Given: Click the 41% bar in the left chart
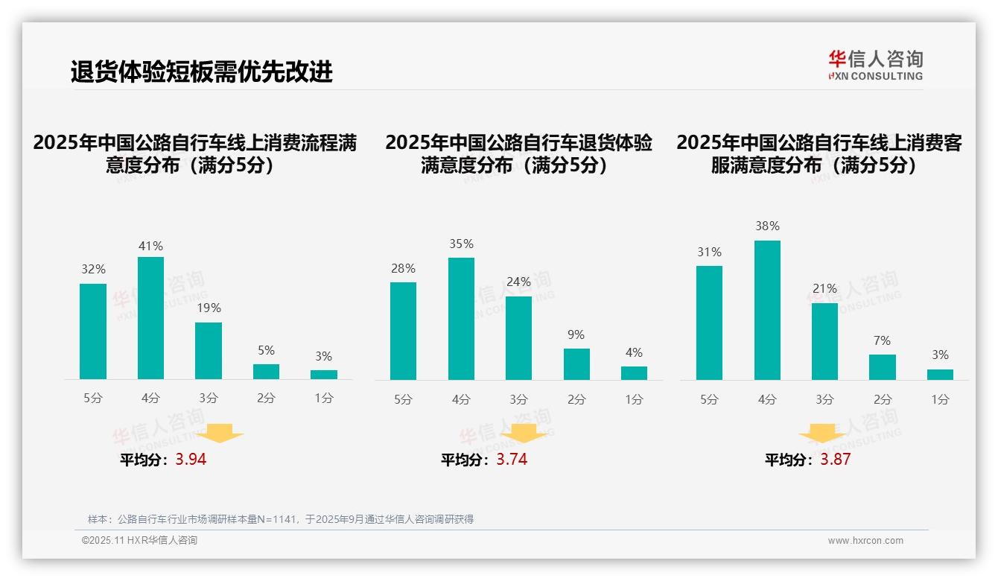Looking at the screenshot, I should [150, 318].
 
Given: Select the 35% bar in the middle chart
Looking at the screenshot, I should [461, 319].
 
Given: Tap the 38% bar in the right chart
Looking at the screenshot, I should [767, 310].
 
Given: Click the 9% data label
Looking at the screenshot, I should [576, 335].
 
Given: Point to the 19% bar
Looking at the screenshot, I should [209, 351].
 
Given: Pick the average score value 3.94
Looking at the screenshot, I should [191, 460].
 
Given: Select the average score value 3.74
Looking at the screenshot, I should [512, 460].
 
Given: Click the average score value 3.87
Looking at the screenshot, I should [835, 460].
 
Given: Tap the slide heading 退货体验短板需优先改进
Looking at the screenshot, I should [201, 72].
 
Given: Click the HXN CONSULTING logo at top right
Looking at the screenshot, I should [875, 66].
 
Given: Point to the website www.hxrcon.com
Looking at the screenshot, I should [865, 541].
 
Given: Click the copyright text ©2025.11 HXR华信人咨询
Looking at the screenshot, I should [139, 541].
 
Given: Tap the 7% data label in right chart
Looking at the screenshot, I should [882, 341].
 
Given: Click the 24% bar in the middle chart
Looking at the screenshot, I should [518, 338].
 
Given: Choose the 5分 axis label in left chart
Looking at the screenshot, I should [93, 399].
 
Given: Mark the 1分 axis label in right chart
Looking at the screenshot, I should [940, 400].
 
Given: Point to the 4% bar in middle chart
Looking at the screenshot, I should [634, 373].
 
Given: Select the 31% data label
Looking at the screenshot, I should [709, 253].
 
